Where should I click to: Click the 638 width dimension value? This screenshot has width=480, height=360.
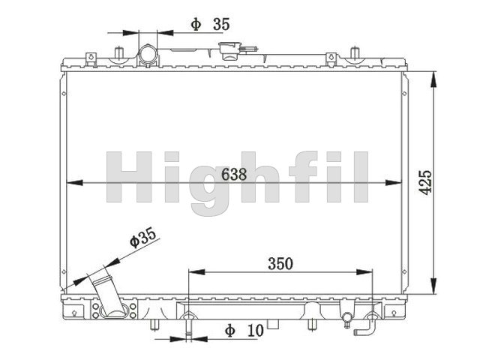(x=234, y=175)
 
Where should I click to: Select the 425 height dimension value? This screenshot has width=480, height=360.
(x=425, y=182)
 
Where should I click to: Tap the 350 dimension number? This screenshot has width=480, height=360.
(x=280, y=263)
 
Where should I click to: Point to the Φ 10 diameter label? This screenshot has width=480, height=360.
(x=244, y=331)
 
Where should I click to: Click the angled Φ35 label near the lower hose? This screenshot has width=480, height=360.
(x=143, y=237)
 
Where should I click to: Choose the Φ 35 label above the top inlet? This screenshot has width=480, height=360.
(x=210, y=25)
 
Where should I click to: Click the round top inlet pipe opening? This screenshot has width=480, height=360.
(x=148, y=54)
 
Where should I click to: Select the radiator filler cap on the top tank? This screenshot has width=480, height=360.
(x=230, y=50)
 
